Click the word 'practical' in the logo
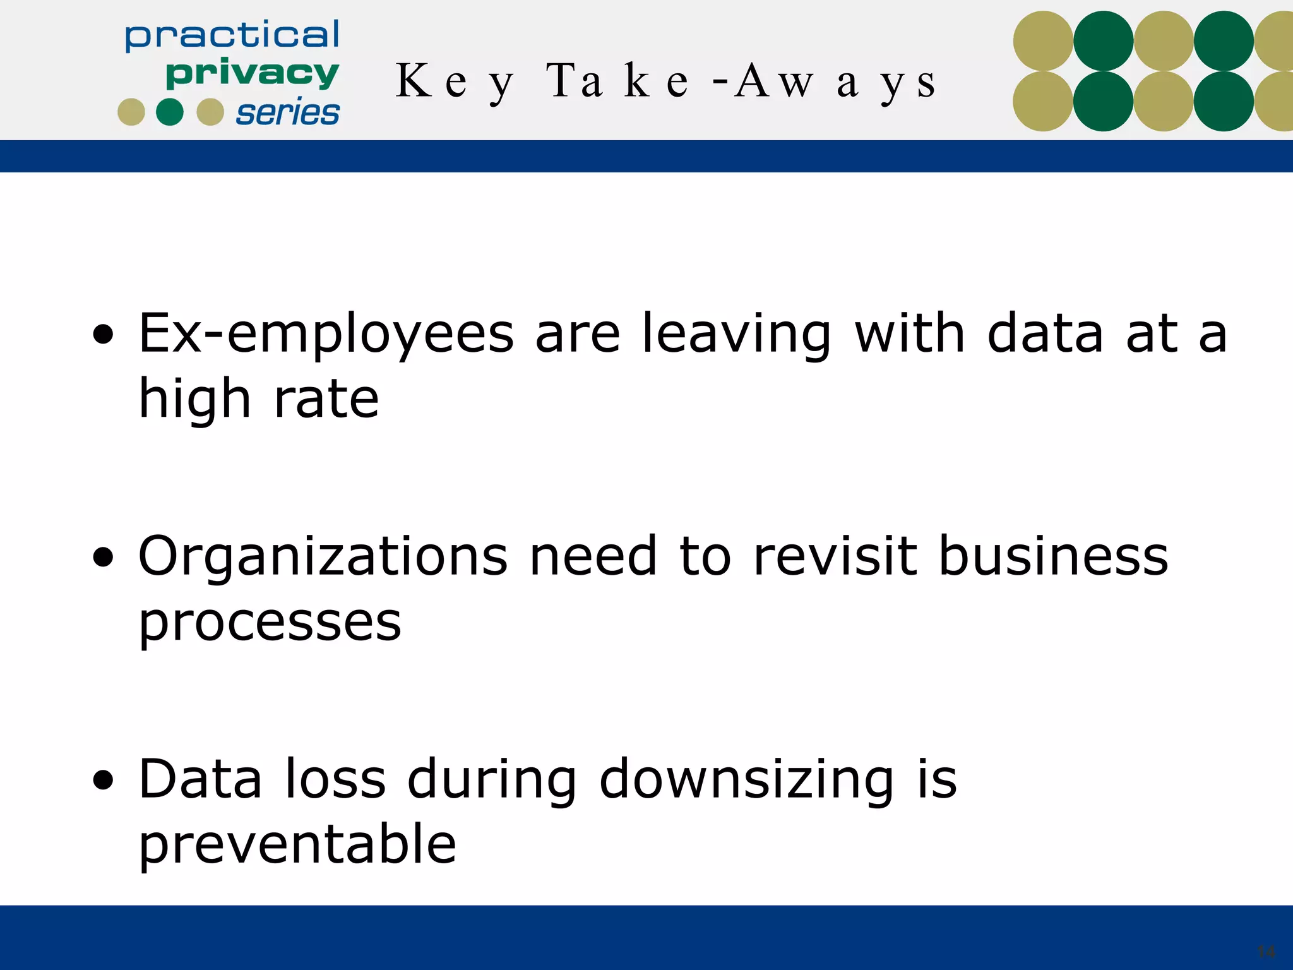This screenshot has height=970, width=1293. coord(232,35)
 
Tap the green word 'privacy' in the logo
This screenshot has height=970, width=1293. coord(252,74)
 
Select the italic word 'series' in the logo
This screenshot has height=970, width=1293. coord(288,113)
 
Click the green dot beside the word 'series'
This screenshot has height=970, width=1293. coord(170,112)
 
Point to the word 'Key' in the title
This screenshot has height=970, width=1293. coord(455,83)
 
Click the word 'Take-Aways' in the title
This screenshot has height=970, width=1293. coord(742,83)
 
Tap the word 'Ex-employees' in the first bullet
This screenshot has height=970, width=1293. coord(326,335)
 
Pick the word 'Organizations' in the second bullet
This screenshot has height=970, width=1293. coord(323,557)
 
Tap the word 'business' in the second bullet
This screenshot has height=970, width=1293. coord(1054,557)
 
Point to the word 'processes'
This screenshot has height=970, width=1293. coord(270,623)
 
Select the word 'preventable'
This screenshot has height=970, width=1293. coord(297,846)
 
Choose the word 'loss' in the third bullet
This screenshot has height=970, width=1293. coord(335,779)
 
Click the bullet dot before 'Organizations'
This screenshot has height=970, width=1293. coord(103,558)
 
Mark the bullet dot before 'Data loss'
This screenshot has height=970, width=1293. coord(103,781)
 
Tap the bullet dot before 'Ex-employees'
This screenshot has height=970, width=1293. coord(103,335)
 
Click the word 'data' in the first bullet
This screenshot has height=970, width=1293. coord(1045,335)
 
